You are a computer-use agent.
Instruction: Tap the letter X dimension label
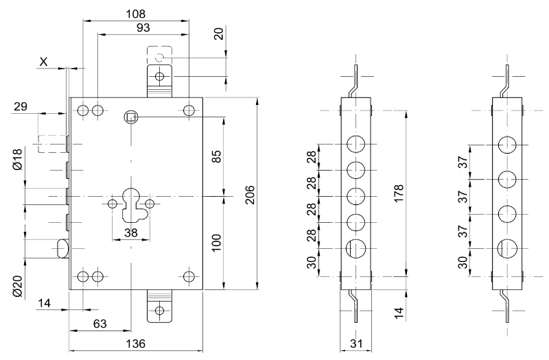pos(44,62)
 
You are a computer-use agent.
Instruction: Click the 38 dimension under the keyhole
pos(131,232)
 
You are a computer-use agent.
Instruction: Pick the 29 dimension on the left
pos(21,106)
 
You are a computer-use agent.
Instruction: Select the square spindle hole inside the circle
pos(130,117)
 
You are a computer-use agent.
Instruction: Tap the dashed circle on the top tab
pos(159,58)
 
